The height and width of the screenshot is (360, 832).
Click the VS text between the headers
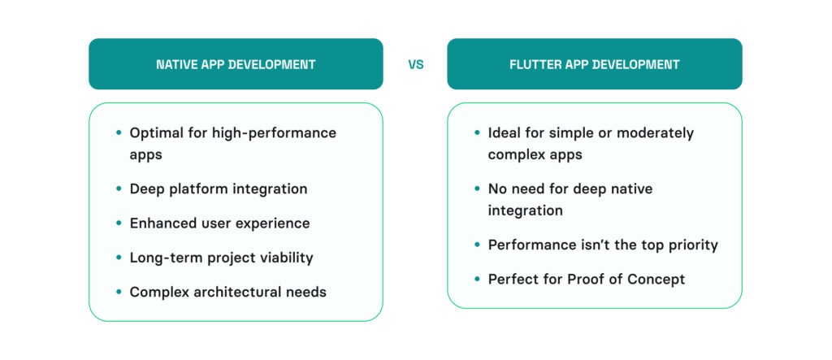coord(416,65)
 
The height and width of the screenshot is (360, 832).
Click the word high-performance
coord(275,132)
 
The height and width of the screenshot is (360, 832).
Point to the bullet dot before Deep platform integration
coord(119,189)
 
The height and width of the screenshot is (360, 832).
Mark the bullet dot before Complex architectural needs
coord(119,292)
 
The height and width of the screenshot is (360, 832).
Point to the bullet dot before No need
coord(477,189)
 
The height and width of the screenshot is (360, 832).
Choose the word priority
coord(692,245)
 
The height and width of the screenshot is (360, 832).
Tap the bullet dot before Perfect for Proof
coord(477,280)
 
